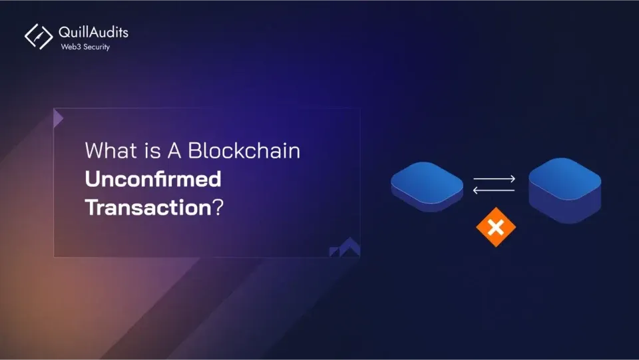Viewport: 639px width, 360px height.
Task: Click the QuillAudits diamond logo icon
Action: [x=39, y=37]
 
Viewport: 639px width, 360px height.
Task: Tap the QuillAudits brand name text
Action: [x=93, y=32]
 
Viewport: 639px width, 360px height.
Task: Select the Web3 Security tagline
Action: [x=85, y=47]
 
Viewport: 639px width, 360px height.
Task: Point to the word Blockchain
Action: [x=244, y=151]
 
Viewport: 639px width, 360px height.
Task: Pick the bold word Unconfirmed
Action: [x=153, y=179]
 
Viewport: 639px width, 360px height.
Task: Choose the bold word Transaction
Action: [x=148, y=207]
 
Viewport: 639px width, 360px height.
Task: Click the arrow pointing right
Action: [x=495, y=178]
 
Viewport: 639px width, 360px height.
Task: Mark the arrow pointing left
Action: [x=494, y=190]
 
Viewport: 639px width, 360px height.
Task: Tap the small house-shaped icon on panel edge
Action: [x=345, y=248]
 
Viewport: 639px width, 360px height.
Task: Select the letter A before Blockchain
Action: [x=174, y=151]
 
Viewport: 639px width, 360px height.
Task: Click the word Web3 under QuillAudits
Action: [x=69, y=47]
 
